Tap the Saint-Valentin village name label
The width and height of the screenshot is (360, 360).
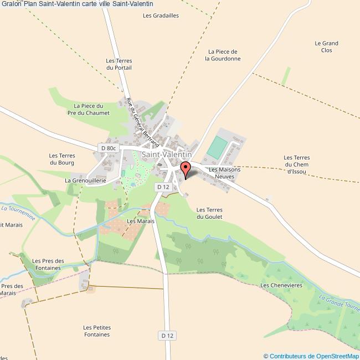pyautogui.click(x=167, y=155)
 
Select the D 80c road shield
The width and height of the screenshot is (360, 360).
pyautogui.click(x=109, y=148)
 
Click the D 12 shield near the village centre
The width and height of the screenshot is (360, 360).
pyautogui.click(x=163, y=187)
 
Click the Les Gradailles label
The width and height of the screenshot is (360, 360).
pyautogui.click(x=161, y=16)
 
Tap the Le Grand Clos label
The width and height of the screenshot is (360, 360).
pyautogui.click(x=326, y=47)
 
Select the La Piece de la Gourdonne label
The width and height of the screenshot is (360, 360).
pyautogui.click(x=223, y=55)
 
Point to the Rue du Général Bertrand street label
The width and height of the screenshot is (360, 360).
pyautogui.click(x=140, y=119)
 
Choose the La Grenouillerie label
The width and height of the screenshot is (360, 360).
pyautogui.click(x=85, y=181)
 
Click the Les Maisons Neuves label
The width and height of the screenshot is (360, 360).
pyautogui.click(x=222, y=173)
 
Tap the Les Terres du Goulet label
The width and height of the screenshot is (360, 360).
pyautogui.click(x=209, y=213)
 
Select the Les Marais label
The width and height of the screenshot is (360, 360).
pyautogui.click(x=140, y=221)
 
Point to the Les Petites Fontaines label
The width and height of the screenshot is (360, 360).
pyautogui.click(x=97, y=331)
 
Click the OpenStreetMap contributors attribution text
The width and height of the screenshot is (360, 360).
pyautogui.click(x=311, y=356)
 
